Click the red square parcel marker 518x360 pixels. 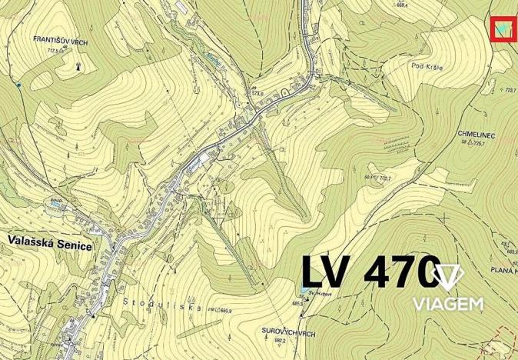tap(503, 28)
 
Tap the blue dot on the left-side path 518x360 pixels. tap(17, 85)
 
